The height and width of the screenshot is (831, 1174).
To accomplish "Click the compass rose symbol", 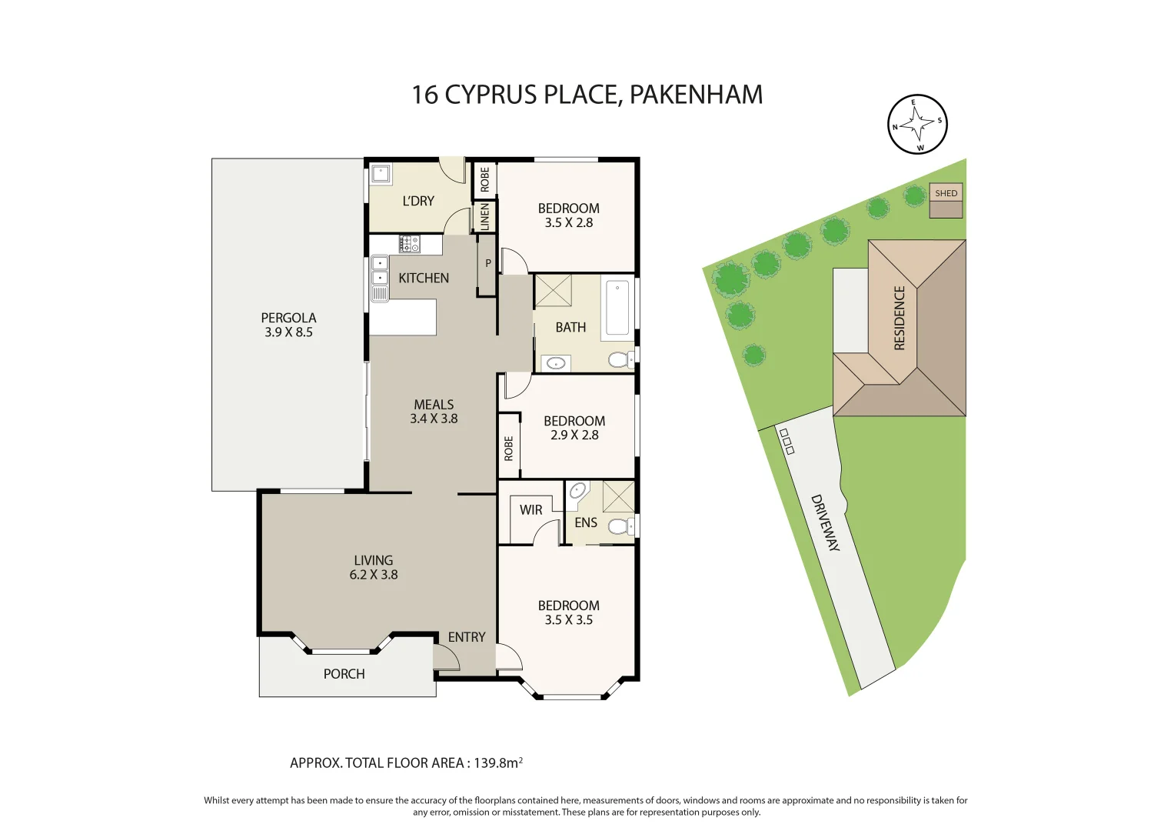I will pos(917,124).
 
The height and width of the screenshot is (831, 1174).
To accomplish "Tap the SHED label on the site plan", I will pos(946,193).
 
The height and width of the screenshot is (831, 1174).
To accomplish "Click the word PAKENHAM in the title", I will pos(696,95).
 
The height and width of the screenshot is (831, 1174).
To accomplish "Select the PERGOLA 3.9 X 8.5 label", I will pos(288,325).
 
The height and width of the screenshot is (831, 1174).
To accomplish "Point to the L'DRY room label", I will pos(418,201).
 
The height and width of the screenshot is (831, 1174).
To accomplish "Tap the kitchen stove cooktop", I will pos(409,244).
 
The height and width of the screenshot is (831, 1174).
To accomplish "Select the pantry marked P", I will pos(487,264).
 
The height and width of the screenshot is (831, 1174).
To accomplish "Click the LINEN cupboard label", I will pos(484,216).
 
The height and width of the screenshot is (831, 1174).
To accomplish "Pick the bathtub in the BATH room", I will pos(617,308).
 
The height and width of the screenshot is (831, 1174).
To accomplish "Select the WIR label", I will pos(530,510).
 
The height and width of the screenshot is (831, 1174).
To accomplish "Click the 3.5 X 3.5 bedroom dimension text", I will pos(568,620).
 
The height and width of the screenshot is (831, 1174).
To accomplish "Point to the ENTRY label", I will pos(467,637).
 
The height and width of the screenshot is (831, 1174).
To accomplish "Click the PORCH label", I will pos(344,674).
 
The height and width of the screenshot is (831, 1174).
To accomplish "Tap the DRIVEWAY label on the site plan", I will pos(826,522).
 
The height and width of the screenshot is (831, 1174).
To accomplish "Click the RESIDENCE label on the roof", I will pos(900,318).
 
